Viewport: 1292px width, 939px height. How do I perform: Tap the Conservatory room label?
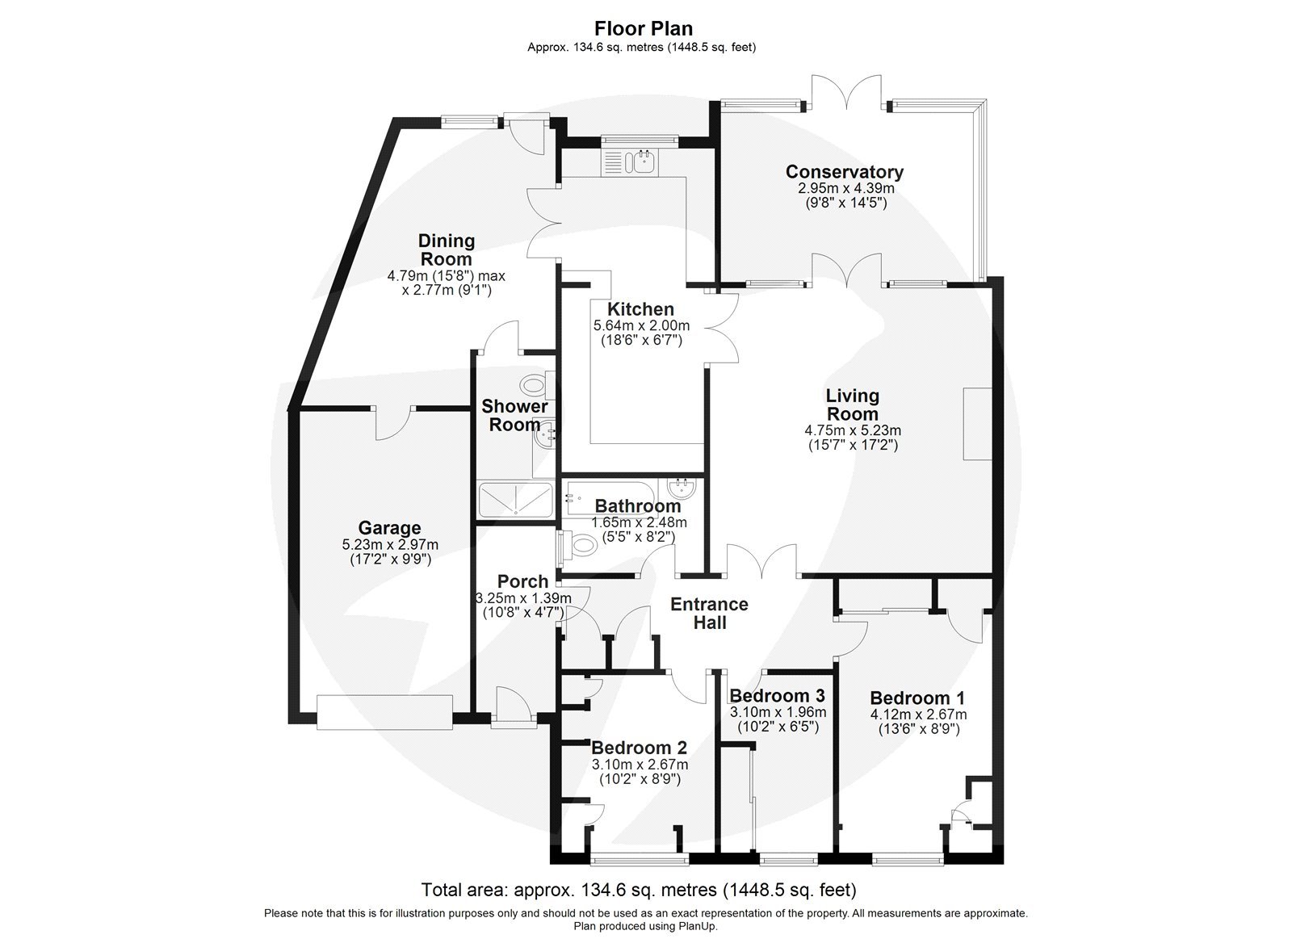[844, 172]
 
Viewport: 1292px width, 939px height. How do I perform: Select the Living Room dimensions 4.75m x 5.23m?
[852, 430]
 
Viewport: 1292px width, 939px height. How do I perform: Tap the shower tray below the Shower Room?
[515, 501]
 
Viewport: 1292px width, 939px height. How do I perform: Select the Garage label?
[389, 528]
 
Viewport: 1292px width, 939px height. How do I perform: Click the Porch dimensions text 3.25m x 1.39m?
[522, 598]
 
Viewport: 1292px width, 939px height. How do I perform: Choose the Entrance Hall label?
[709, 614]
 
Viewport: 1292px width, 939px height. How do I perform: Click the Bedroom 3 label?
[776, 696]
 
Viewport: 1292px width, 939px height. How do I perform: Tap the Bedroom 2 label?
[639, 748]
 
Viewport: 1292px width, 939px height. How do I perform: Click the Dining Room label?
[446, 250]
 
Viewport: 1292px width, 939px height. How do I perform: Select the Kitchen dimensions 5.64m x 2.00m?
[640, 325]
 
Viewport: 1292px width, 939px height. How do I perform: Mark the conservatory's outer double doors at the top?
[846, 90]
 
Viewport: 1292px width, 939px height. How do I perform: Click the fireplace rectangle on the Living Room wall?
[976, 424]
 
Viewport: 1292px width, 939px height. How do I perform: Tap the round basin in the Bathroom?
[682, 488]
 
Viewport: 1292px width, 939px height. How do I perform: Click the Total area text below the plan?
[638, 891]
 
